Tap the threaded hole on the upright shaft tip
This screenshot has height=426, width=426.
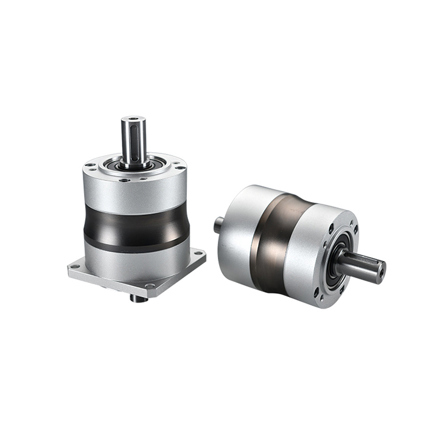133,119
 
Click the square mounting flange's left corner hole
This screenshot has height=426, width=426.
77,265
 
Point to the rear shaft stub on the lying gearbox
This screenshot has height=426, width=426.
220,225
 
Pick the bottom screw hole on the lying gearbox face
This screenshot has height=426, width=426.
321,296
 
